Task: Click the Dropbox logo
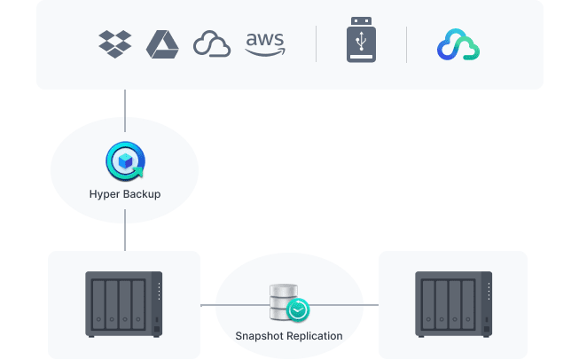pos(115,43)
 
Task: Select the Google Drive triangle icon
pos(162,43)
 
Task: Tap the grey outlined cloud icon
pos(212,44)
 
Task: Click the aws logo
pos(264,43)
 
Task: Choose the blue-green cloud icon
pos(458,44)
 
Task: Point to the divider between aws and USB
pos(317,43)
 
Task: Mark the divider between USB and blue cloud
pos(406,43)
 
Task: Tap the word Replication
pos(313,336)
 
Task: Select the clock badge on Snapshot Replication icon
pos(299,309)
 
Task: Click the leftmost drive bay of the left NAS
pos(98,303)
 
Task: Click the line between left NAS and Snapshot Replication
pos(208,305)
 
